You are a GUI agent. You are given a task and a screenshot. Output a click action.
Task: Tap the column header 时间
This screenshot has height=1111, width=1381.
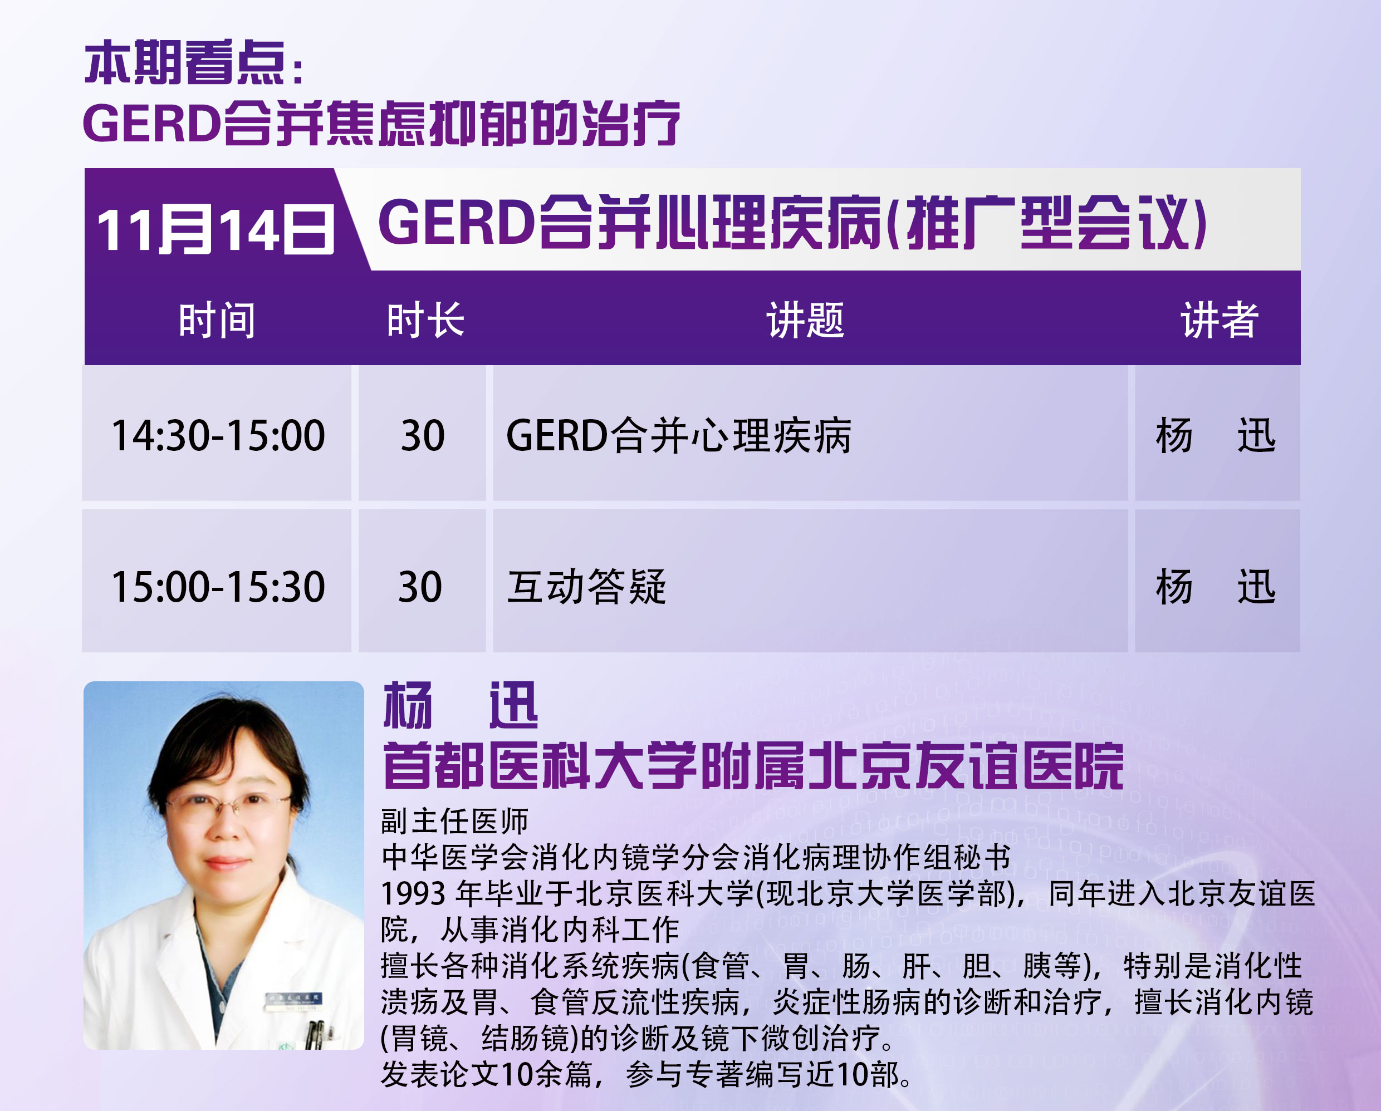(x=217, y=320)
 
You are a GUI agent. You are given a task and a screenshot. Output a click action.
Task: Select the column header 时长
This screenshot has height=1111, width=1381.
(x=425, y=320)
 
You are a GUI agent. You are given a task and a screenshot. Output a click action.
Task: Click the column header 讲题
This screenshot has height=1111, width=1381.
(x=806, y=320)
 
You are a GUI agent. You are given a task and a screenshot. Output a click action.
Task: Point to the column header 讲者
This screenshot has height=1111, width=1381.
(x=1220, y=320)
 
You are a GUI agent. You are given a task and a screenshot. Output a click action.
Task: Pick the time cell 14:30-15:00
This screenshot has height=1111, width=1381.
(x=218, y=436)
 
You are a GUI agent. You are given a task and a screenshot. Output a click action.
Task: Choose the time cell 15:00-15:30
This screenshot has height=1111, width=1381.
(x=218, y=587)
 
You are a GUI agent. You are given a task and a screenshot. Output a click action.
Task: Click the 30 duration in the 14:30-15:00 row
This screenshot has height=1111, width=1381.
(x=423, y=436)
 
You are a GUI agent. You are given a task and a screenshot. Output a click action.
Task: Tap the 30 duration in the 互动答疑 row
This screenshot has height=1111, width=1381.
(x=420, y=587)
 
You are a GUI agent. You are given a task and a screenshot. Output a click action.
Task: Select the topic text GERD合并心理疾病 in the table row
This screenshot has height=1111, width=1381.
(x=679, y=436)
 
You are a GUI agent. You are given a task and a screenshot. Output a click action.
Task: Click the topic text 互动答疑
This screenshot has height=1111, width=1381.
(x=587, y=587)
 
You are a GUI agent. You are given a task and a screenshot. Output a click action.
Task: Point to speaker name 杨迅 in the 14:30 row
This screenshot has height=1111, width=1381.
(x=1216, y=436)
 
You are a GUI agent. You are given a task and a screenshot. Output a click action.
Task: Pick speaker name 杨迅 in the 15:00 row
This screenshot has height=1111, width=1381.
(x=1216, y=587)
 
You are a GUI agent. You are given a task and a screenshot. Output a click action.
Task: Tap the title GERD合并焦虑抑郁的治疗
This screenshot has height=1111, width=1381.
(x=381, y=123)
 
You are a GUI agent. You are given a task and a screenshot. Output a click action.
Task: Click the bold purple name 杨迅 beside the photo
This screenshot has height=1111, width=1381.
(x=461, y=706)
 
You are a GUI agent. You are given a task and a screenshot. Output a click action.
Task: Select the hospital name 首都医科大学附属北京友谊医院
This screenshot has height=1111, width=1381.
(x=753, y=766)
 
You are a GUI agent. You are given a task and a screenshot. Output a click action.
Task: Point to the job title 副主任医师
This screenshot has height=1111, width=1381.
(x=455, y=822)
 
